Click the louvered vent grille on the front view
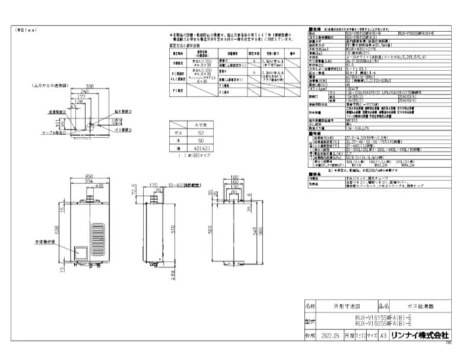98,238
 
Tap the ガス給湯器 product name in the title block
421,306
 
